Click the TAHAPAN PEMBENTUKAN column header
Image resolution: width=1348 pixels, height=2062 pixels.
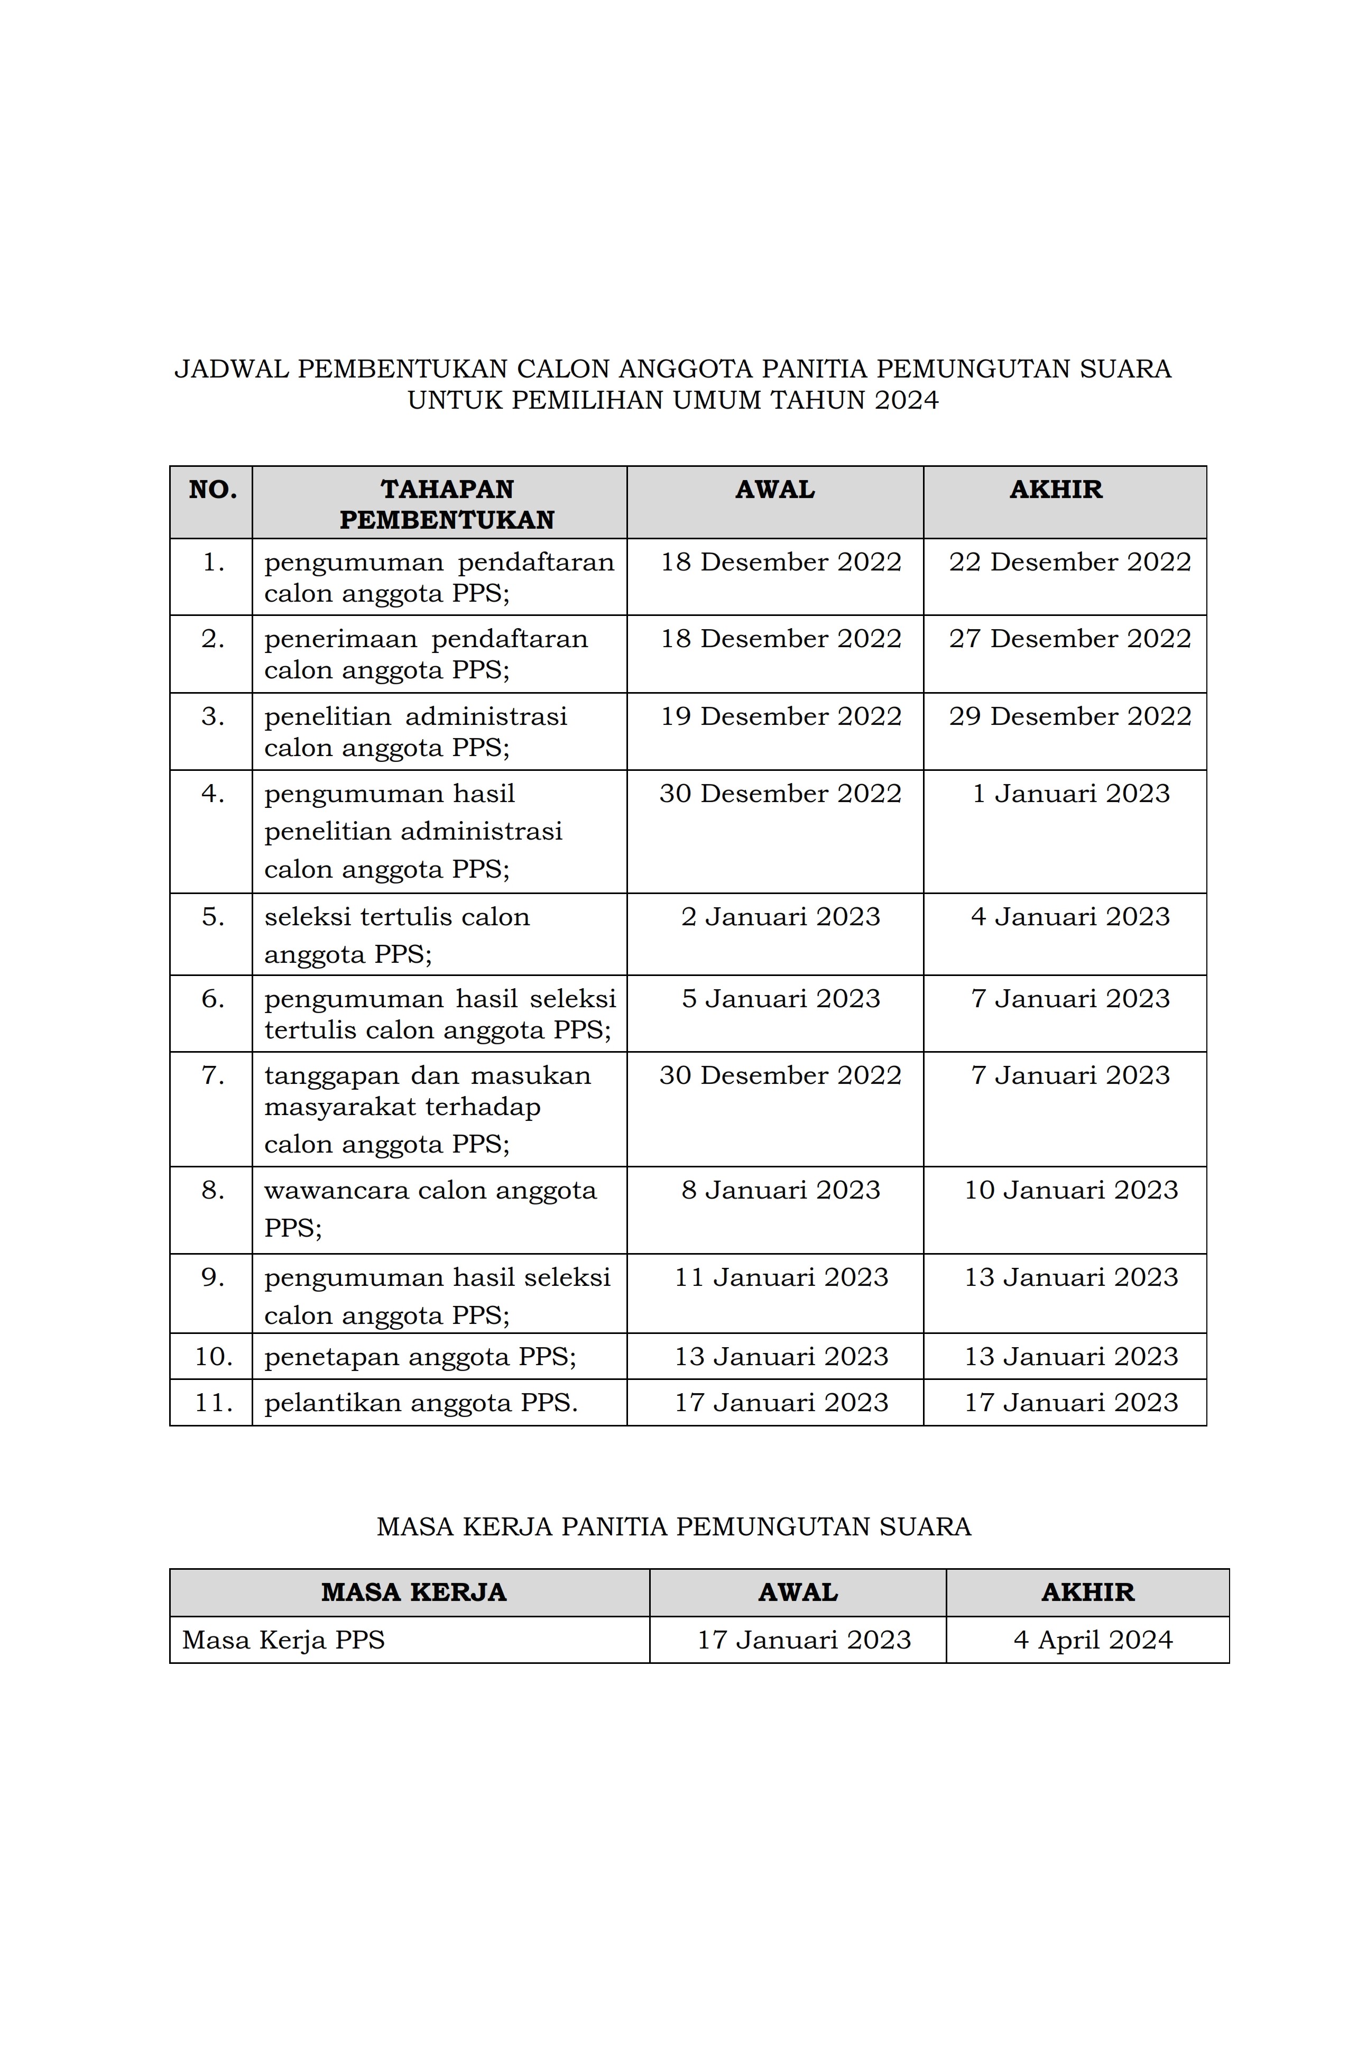point(446,504)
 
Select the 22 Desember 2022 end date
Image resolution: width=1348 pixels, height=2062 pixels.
point(1069,562)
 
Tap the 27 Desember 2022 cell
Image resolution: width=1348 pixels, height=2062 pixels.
point(1069,639)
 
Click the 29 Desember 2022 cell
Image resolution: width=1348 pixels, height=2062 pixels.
point(1069,716)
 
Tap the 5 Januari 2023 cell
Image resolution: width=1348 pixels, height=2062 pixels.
point(780,999)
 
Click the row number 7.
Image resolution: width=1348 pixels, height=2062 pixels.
point(213,1076)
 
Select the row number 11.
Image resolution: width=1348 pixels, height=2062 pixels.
point(213,1403)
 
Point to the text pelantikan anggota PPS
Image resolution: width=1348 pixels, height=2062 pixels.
point(421,1403)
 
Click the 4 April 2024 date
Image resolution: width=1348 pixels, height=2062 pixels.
point(1093,1640)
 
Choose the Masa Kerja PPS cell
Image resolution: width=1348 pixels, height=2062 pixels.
point(283,1640)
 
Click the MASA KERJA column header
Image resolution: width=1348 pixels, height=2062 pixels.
point(413,1592)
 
